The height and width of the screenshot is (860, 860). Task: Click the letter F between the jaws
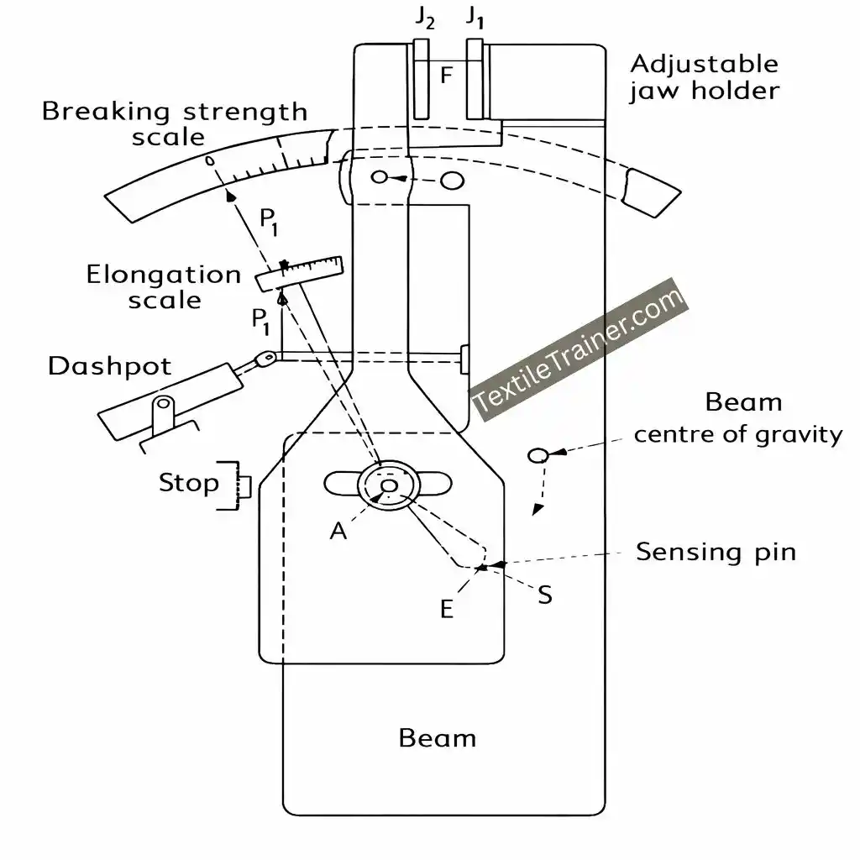pos(447,76)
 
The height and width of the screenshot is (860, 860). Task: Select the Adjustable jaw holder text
pos(704,76)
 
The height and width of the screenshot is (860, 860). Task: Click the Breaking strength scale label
pos(175,123)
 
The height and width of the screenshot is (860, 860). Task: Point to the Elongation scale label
pos(164,286)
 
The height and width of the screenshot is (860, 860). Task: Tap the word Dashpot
pos(109,366)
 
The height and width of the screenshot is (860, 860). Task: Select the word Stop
pos(189,483)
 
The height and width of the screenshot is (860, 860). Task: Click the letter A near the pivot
pos(338,530)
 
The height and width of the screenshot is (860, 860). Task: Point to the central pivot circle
pos(388,486)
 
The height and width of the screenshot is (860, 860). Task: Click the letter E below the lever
pos(447,609)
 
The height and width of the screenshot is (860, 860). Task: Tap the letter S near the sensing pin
pos(544,595)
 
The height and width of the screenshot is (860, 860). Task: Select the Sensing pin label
pos(716,552)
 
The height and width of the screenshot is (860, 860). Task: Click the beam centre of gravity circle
pos(537,455)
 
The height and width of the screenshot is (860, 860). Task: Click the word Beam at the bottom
pos(437,738)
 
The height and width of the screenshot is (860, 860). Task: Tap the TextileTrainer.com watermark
pos(579,349)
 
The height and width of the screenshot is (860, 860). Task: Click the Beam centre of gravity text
pos(737,417)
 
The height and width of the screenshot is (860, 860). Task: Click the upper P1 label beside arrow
pos(270,222)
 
